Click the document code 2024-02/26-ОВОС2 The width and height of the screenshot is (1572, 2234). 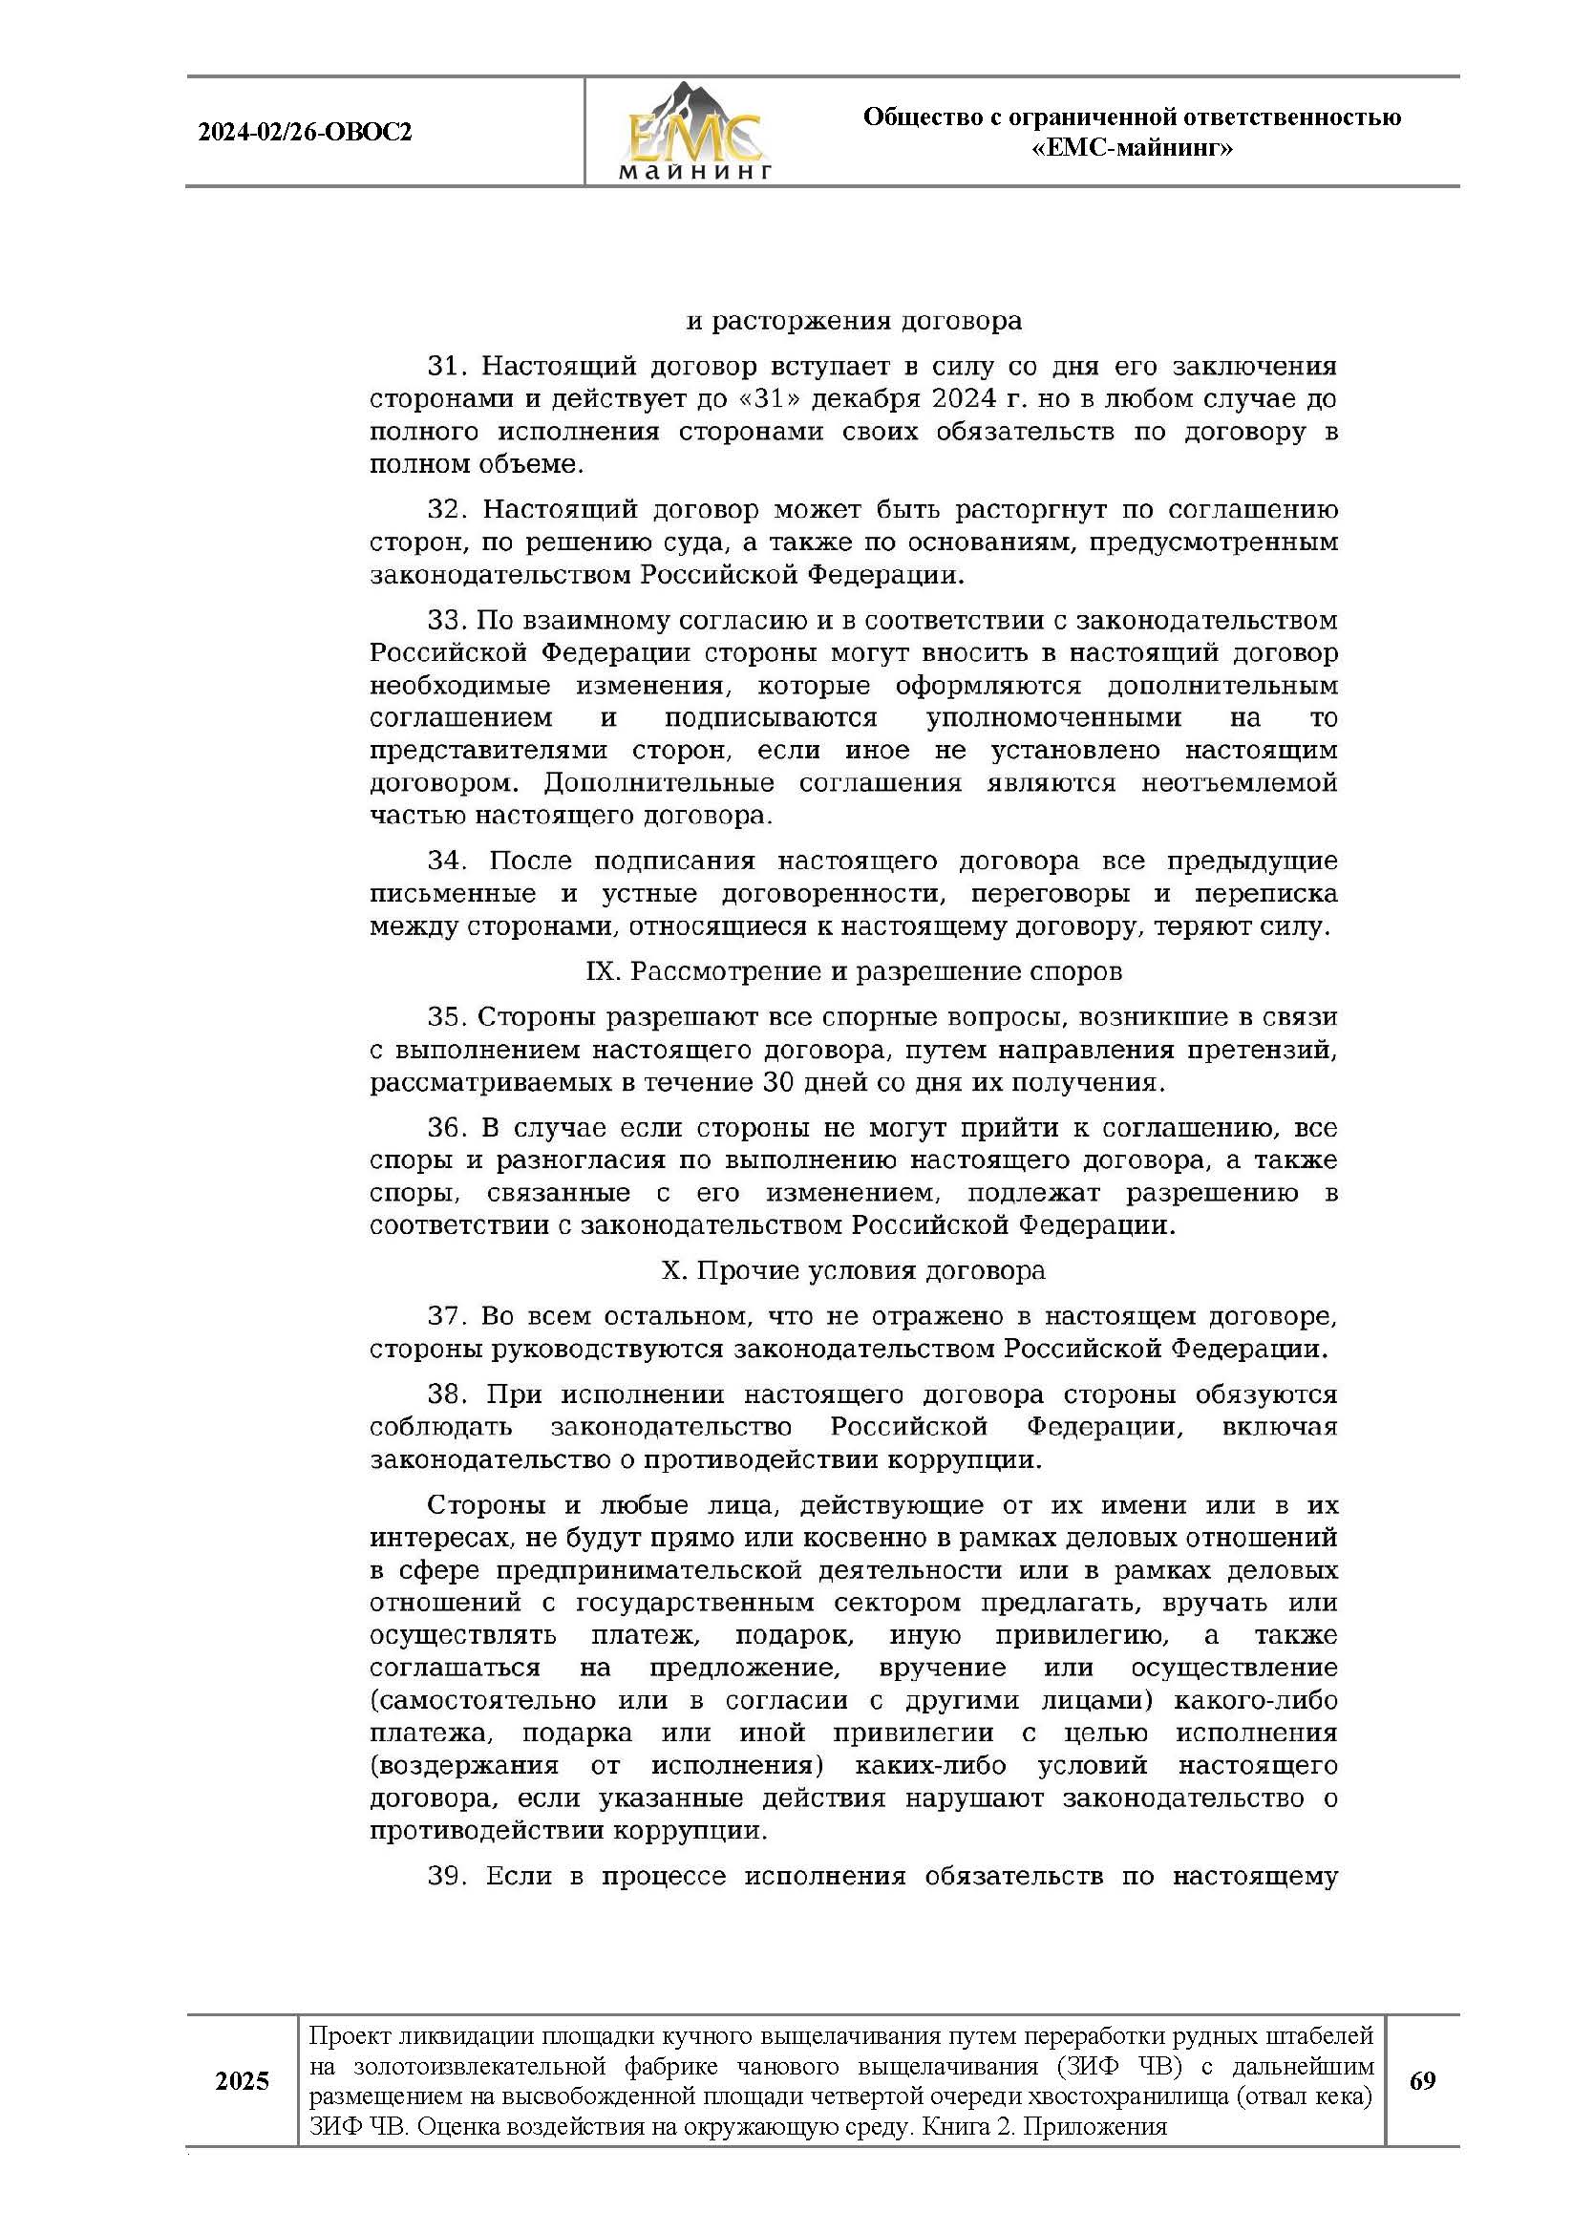pos(305,133)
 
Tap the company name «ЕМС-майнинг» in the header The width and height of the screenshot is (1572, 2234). pos(1132,149)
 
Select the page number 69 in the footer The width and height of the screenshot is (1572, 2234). pos(1421,2080)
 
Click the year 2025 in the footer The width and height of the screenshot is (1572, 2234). pos(243,2081)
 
